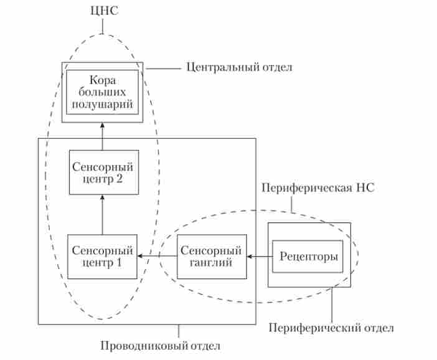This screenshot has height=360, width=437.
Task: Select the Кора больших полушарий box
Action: coord(102,92)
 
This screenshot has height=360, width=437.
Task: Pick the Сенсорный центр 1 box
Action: coord(102,256)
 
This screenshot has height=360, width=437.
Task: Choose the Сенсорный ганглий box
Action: coord(211,256)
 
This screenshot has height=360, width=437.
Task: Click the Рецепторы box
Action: coord(309,256)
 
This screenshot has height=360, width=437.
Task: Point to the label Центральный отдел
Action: coord(239,67)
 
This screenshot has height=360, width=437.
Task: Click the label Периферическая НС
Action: coord(318,187)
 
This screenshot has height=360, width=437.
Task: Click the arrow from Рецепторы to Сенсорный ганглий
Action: coord(260,256)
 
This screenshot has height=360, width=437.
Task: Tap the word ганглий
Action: coord(211,263)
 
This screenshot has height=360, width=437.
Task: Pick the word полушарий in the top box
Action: coord(103,104)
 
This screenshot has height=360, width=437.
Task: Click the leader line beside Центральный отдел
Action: coord(161,67)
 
